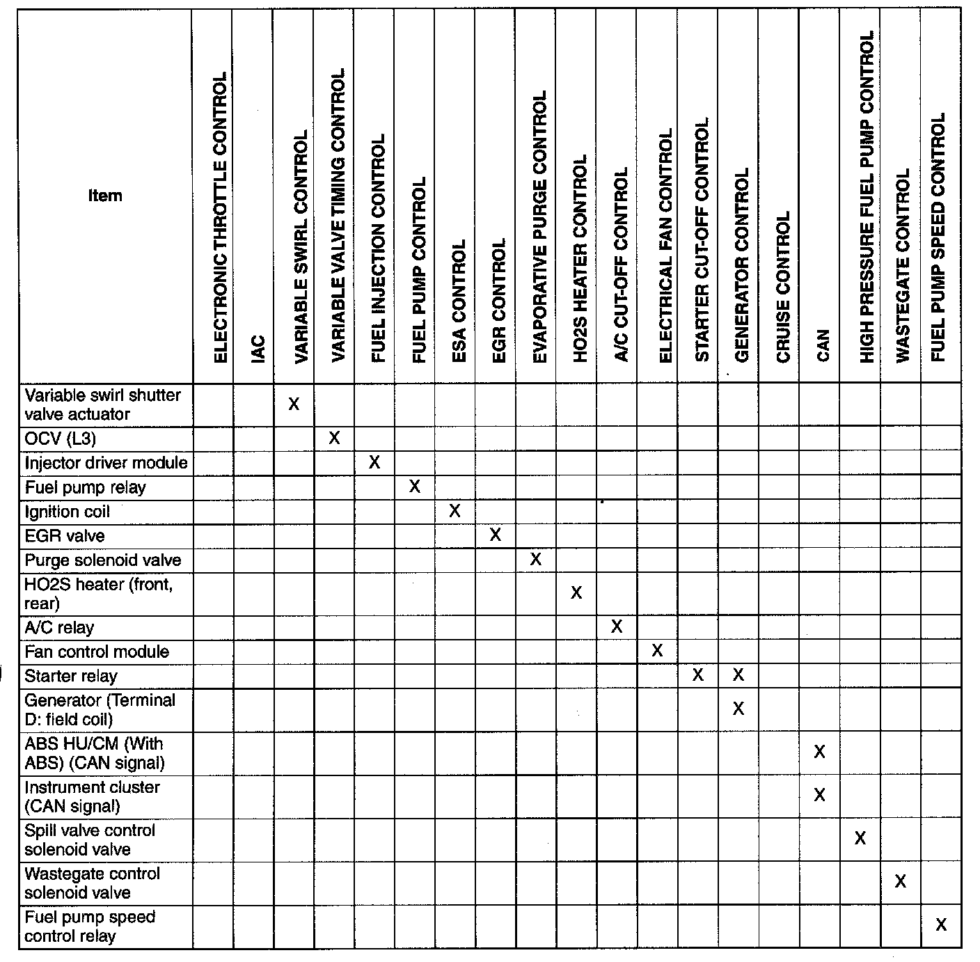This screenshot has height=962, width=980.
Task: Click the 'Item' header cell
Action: tap(105, 196)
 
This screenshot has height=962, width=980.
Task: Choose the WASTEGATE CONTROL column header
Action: tap(903, 265)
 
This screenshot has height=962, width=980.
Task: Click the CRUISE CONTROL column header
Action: tap(783, 287)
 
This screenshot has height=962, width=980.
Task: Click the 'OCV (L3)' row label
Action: tap(61, 439)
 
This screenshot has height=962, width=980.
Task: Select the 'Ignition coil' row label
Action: tap(68, 512)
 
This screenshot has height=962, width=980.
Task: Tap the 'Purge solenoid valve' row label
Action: tap(102, 560)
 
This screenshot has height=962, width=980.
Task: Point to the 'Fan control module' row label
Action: tap(97, 652)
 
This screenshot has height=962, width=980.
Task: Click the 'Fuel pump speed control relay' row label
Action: tap(90, 926)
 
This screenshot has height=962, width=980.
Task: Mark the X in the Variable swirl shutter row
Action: tap(294, 404)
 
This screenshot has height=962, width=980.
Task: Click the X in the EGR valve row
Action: tap(495, 535)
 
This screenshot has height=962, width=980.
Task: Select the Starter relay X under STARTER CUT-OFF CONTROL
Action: tap(698, 675)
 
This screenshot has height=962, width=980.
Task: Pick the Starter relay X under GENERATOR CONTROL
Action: tap(738, 675)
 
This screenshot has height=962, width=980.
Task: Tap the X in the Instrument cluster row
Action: tap(819, 795)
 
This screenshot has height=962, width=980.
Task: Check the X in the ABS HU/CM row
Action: tap(819, 752)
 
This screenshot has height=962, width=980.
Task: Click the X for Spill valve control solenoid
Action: tap(860, 838)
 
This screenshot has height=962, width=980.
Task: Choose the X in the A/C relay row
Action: tap(616, 626)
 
